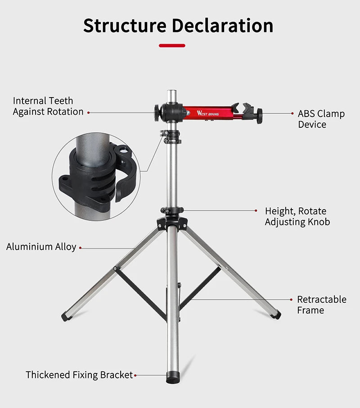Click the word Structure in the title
(x=125, y=26)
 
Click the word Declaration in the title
(x=222, y=26)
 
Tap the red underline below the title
(x=172, y=45)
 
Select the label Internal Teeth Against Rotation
(x=48, y=106)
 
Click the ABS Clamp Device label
(x=321, y=119)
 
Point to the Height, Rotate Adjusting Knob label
(x=297, y=216)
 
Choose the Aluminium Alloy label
(x=41, y=247)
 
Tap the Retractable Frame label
(x=321, y=305)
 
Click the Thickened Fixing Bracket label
(x=79, y=375)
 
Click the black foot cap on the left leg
(x=66, y=316)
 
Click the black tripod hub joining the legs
(x=172, y=222)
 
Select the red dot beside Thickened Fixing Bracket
(x=135, y=375)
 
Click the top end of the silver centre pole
(x=171, y=93)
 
